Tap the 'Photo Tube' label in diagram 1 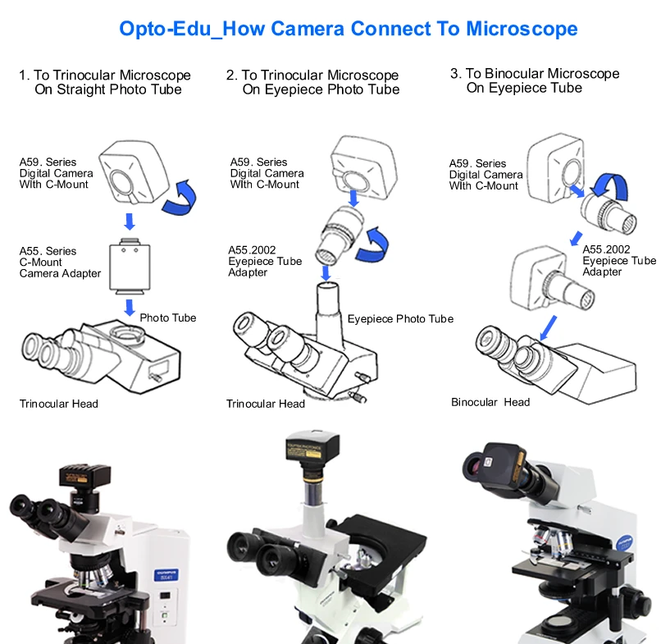pyautogui.click(x=167, y=317)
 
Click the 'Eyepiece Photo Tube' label pyautogui.click(x=400, y=318)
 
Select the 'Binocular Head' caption pyautogui.click(x=490, y=402)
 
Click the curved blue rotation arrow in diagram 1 pyautogui.click(x=182, y=199)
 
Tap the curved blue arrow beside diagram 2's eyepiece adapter pyautogui.click(x=379, y=244)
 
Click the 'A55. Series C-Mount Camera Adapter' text pyautogui.click(x=60, y=263)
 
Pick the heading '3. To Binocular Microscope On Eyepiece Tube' pyautogui.click(x=535, y=80)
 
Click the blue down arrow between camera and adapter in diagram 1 pyautogui.click(x=129, y=222)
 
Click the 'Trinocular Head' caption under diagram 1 pyautogui.click(x=59, y=404)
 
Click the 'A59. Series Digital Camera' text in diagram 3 pyautogui.click(x=485, y=174)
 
